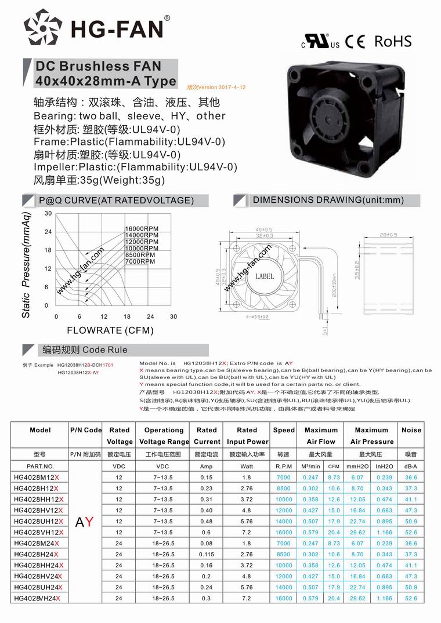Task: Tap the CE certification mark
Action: click(355, 42)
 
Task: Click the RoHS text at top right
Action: click(393, 41)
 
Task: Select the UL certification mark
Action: click(320, 42)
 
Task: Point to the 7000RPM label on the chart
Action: click(140, 261)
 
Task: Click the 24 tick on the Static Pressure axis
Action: click(48, 232)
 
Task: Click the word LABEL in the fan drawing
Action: click(265, 276)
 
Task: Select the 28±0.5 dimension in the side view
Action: click(388, 235)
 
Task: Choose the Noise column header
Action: click(411, 430)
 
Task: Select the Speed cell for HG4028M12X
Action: click(283, 477)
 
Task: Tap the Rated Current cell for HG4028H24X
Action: click(207, 554)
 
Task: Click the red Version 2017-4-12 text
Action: click(216, 87)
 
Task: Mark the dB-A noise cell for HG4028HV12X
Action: click(411, 510)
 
